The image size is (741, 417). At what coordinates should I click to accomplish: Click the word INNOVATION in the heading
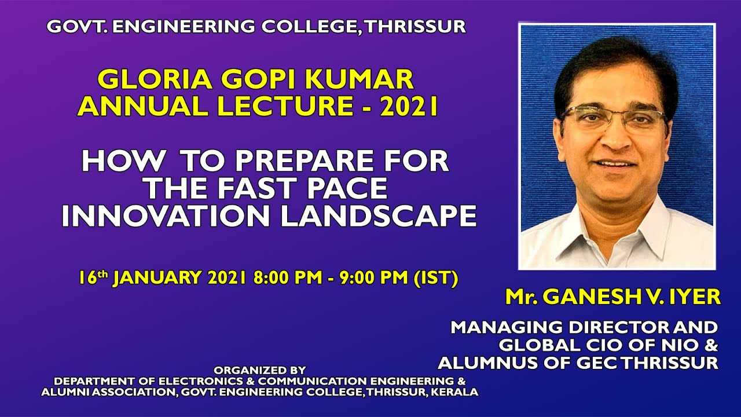pos(166,215)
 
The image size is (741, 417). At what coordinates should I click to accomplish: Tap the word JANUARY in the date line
pos(160,278)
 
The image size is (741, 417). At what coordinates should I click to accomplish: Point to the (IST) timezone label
pos(436,278)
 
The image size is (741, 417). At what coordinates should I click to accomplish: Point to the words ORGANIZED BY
pos(259,370)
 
